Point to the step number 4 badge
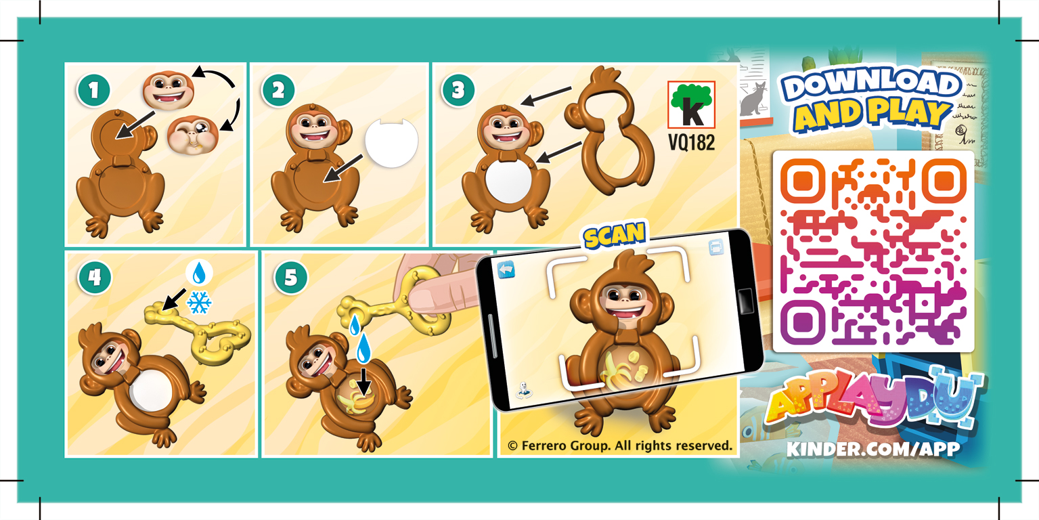tap(92, 278)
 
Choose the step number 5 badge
tap(290, 278)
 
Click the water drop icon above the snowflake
tap(199, 274)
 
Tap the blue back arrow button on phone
tap(506, 269)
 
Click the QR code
tap(873, 251)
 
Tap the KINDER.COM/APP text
tap(873, 449)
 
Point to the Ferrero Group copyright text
tap(620, 446)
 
